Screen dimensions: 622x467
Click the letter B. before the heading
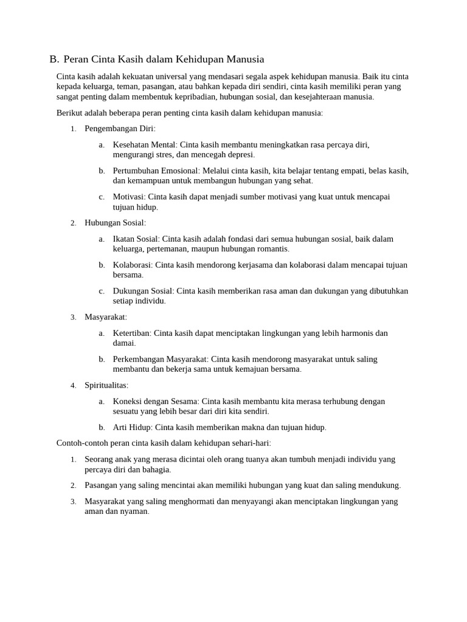54,60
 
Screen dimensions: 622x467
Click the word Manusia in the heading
245,60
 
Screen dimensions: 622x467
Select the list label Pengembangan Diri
119,129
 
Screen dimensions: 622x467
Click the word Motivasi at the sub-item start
130,197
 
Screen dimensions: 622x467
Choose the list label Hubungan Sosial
114,223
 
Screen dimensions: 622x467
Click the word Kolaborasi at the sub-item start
133,265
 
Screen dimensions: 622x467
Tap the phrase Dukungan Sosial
143,291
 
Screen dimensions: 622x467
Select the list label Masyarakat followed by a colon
105,317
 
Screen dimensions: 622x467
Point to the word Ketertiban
132,333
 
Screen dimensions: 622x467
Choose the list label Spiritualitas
106,385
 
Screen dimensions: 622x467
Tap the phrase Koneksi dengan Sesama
156,401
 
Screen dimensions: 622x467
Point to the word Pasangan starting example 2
103,485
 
